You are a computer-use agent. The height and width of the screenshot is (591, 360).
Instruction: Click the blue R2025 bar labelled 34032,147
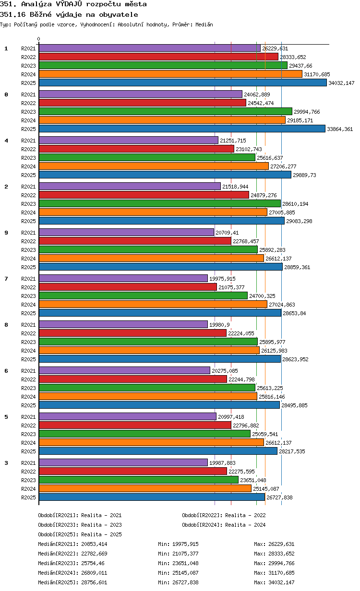pos(182,83)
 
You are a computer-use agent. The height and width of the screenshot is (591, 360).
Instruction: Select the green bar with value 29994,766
pos(166,112)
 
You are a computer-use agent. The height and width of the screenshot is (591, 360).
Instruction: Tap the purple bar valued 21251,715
pos(129,141)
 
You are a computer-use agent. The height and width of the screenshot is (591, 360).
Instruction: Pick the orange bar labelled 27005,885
pos(153,213)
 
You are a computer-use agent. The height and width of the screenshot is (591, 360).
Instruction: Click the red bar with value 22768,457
pos(135,241)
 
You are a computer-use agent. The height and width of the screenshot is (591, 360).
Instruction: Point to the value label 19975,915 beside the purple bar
pos(222,279)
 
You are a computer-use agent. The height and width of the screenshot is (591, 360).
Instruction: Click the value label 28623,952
pos(295,359)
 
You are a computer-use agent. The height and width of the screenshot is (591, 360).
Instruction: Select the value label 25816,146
pos(272,397)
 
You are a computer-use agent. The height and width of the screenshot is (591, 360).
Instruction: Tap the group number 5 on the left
pos(6,417)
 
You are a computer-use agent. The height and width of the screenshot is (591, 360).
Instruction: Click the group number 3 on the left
pos(6,463)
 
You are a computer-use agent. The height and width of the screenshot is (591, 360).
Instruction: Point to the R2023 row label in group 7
pos(28,296)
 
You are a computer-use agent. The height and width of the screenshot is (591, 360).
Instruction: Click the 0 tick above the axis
pos(39,39)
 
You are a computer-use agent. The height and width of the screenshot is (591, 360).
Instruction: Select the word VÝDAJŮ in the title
pos(69,4)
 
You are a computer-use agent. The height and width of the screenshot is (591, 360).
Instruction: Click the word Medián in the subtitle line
pos(204,24)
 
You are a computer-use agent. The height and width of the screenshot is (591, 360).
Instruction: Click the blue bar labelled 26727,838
pos(152,497)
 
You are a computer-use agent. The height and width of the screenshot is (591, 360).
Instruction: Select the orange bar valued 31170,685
pos(170,74)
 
